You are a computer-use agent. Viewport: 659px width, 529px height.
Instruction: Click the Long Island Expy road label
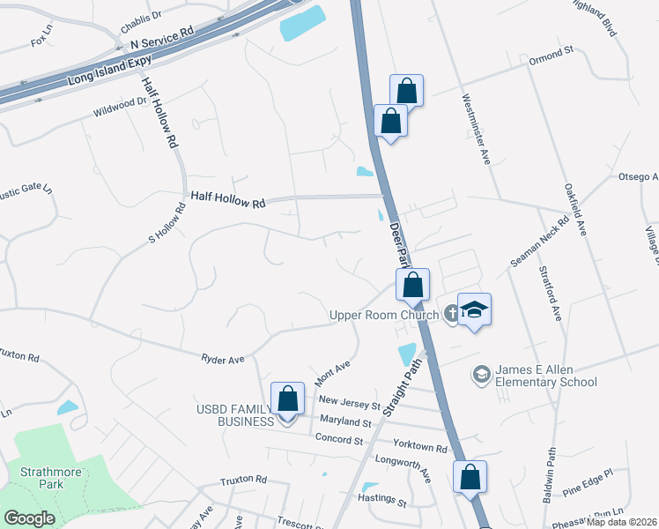[x=110, y=71]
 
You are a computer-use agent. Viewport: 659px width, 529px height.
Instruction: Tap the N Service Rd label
[x=161, y=36]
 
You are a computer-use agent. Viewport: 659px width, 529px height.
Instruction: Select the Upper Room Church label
[x=385, y=315]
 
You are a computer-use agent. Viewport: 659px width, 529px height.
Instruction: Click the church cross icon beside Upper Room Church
[x=451, y=312]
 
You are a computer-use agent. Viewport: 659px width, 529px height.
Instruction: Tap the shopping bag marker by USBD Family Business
[x=287, y=399]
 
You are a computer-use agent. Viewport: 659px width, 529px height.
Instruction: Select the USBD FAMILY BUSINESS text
[x=236, y=414]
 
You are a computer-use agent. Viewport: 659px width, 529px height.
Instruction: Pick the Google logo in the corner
[x=29, y=518]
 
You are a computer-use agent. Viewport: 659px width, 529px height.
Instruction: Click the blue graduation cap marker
[x=474, y=310]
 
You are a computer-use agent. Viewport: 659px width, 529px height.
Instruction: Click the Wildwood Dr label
[x=120, y=108]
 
